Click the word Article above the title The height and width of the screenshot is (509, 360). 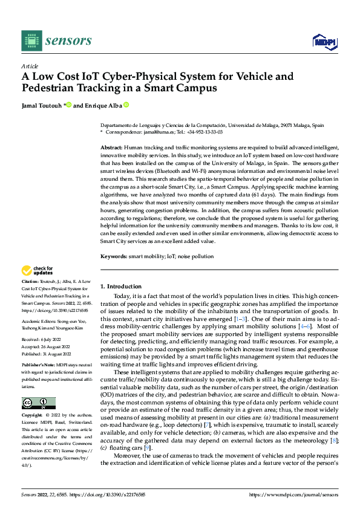point(30,66)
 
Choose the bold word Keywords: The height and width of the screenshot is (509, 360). point(113,256)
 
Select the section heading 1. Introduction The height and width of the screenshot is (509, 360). point(120,286)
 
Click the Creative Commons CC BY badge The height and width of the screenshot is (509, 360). point(38,403)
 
